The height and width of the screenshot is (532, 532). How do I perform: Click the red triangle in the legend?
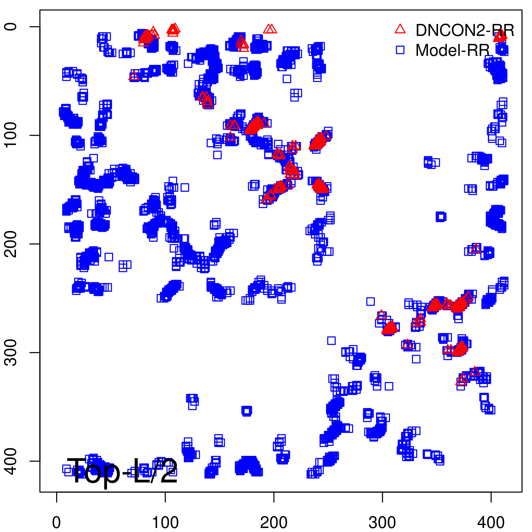pyautogui.click(x=400, y=29)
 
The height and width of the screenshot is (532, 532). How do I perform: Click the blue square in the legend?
pyautogui.click(x=400, y=50)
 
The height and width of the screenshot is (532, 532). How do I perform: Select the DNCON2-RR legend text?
pyautogui.click(x=465, y=30)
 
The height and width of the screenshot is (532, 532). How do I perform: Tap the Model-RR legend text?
pyautogui.click(x=453, y=51)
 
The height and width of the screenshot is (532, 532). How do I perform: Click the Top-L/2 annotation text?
pyautogui.click(x=122, y=471)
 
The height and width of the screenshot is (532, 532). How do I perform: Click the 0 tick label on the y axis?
pyautogui.click(x=11, y=27)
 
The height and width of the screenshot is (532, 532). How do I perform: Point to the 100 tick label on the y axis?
pyautogui.click(x=11, y=135)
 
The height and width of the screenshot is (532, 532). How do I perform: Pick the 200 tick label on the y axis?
pyautogui.click(x=11, y=244)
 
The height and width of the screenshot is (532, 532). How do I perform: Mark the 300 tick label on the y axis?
pyautogui.click(x=11, y=352)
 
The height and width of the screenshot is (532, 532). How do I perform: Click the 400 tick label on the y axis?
pyautogui.click(x=11, y=461)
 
